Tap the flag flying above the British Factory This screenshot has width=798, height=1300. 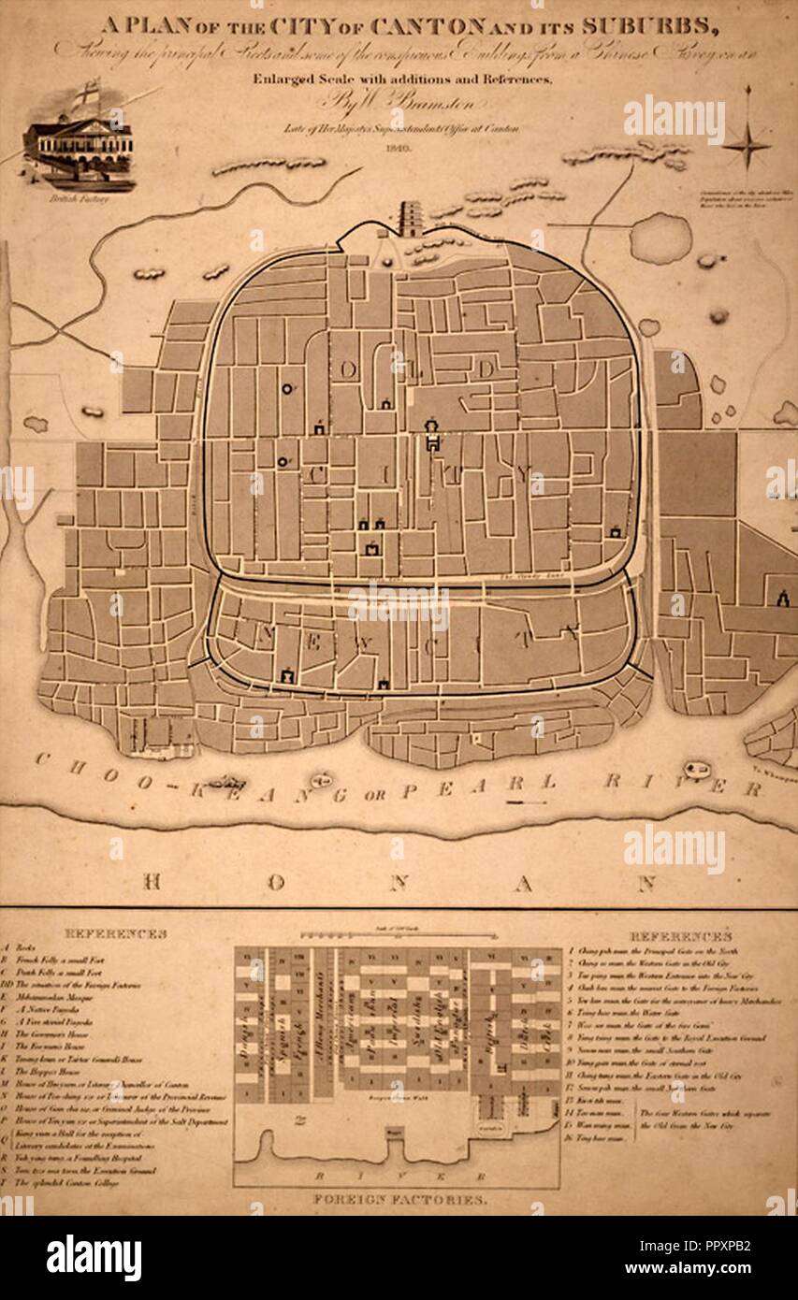pos(87,94)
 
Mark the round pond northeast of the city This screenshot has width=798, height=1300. pos(660,238)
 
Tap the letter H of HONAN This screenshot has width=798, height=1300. pos(155,881)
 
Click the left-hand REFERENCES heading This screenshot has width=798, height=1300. pos(115,933)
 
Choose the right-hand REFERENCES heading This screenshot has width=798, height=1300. pos(680,935)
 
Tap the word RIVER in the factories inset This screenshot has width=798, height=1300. pos(397,1177)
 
